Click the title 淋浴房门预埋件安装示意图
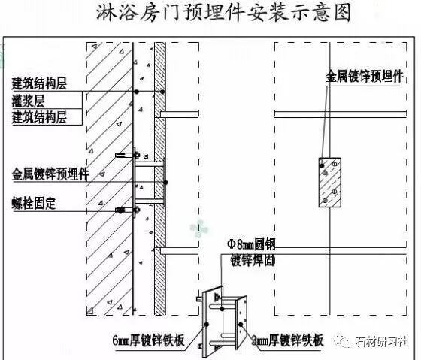223,13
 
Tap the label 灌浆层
28,101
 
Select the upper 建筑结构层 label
39,83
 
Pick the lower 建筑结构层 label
39,117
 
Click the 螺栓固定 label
34,203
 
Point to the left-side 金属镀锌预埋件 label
50,174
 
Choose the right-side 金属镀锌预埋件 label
365,77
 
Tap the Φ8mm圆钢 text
251,244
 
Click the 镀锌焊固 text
253,260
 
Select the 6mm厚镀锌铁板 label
149,340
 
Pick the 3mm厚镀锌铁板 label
287,340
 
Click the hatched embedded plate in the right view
330,183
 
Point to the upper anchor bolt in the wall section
128,155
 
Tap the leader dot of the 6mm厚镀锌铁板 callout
207,325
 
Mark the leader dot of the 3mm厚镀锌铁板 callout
241,325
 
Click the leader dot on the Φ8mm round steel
222,309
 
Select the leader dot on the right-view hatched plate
322,165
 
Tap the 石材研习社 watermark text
381,342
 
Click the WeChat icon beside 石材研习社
343,342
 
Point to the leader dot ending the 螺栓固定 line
120,211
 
